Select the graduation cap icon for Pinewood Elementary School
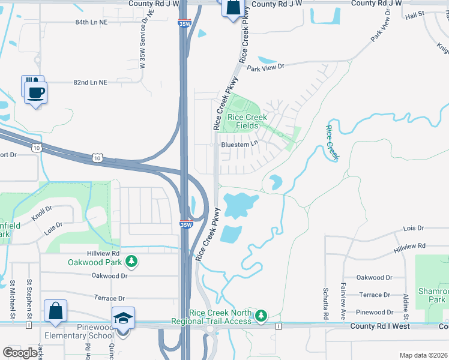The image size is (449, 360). tap(123, 319)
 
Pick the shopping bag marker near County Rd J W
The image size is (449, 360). tap(232, 8)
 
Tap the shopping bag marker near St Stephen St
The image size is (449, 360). tap(55, 311)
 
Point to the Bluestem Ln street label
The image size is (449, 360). tap(239, 144)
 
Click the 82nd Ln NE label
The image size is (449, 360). tap(90, 82)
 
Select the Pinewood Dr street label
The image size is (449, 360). tap(374, 312)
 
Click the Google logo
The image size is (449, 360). tap(20, 353)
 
